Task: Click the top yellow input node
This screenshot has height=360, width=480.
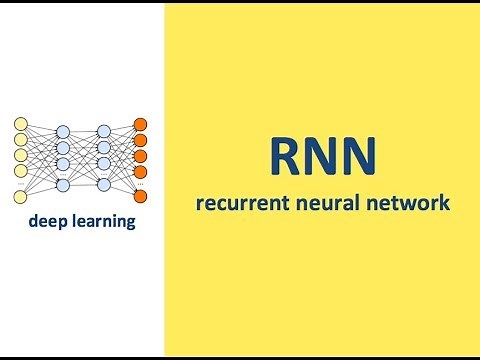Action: click(20, 124)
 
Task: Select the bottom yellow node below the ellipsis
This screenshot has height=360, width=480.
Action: click(20, 198)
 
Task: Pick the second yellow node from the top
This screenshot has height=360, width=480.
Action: click(20, 140)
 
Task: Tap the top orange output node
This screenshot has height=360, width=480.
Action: click(141, 124)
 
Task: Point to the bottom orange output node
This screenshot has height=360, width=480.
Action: click(141, 198)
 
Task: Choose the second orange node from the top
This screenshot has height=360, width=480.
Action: click(141, 140)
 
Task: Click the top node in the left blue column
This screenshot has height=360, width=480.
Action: click(62, 132)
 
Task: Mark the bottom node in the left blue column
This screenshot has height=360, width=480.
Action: click(62, 185)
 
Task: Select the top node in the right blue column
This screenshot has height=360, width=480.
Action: click(104, 132)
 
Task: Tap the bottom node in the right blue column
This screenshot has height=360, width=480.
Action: click(104, 185)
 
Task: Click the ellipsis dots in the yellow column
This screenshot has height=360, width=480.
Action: click(20, 185)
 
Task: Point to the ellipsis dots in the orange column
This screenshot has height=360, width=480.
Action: click(141, 185)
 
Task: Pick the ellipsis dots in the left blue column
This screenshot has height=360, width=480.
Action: click(62, 174)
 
